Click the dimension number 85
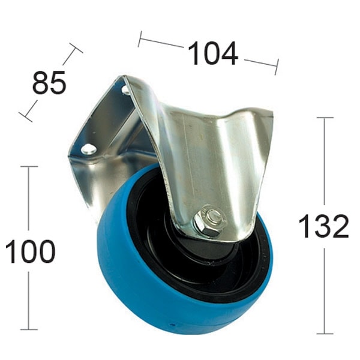(49, 83)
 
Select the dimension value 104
(213, 55)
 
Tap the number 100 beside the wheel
(30, 251)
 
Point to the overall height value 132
(324, 226)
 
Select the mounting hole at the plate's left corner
(89, 149)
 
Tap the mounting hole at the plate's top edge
(126, 90)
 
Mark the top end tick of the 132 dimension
(325, 118)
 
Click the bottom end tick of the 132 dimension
(325, 334)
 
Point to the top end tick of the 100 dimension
(29, 167)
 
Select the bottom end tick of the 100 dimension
(29, 329)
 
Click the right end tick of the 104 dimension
(277, 67)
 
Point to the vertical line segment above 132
(325, 162)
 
